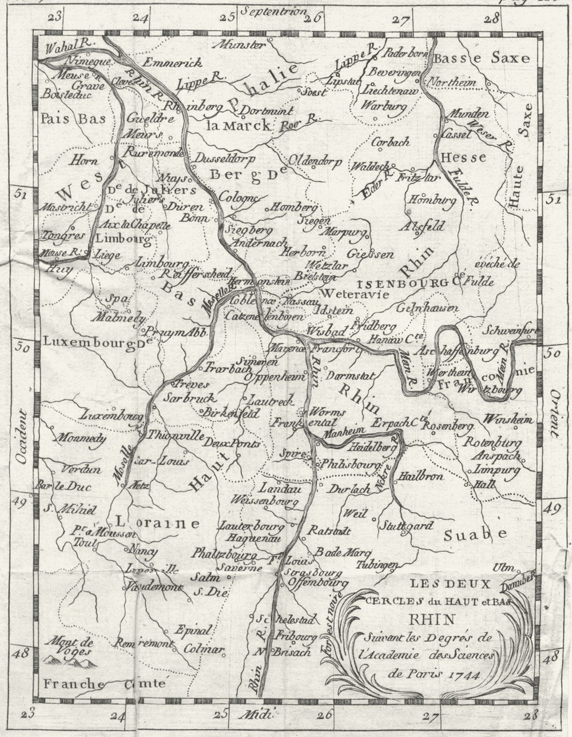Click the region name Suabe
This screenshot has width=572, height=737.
point(475,534)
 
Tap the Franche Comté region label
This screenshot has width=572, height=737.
point(104,684)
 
